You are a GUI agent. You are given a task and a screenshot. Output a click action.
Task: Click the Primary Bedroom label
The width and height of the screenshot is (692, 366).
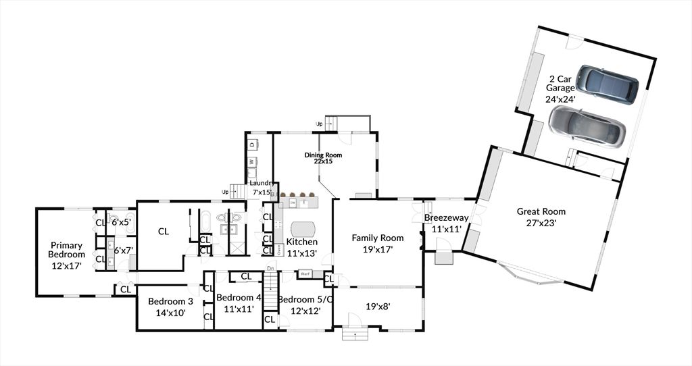coord(66,255)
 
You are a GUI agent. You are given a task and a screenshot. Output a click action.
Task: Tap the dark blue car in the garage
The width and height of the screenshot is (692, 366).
coord(611,84)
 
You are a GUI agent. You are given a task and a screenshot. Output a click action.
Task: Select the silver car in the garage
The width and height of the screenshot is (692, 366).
coord(586,126)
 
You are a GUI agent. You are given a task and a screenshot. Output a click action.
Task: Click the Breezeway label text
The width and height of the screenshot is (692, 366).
coord(443,224)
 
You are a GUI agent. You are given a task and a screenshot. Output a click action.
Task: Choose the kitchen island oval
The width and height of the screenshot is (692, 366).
coord(303,228)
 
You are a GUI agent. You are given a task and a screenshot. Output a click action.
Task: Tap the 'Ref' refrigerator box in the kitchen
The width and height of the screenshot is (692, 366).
coord(305,273)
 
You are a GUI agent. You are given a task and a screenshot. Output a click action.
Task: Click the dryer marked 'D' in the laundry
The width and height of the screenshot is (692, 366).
coord(252,144)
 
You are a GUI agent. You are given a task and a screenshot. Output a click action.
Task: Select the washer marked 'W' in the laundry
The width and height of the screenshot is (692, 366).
coord(252,161)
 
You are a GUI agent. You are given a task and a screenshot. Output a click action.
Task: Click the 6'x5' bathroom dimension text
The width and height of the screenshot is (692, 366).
coord(122,221)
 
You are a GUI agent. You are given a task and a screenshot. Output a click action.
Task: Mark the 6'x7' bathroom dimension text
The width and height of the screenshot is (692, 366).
coord(122,250)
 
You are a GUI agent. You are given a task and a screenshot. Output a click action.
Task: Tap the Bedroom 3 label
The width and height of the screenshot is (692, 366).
coord(166,307)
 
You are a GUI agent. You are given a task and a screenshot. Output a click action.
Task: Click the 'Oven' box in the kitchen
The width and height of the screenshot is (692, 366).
coord(278,249)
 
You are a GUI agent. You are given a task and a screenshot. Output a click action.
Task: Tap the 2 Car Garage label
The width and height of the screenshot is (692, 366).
coord(560,88)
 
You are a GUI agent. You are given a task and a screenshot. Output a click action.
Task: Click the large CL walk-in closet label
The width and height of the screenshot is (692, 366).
coord(164,231)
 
